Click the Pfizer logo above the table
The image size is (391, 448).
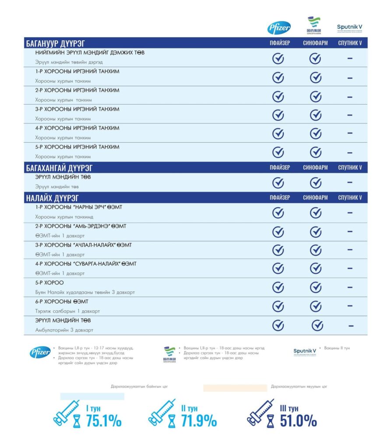[x=279, y=28]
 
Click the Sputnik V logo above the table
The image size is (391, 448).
[x=350, y=28]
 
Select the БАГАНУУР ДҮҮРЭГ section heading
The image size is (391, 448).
[x=55, y=43]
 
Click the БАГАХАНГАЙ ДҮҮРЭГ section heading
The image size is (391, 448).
[x=59, y=168]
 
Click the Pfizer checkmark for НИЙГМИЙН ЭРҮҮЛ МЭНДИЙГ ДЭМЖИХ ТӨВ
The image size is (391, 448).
[x=278, y=59]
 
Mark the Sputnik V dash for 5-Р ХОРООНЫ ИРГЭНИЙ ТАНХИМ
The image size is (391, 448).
[x=350, y=152]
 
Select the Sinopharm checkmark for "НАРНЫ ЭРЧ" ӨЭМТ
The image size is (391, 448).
[x=316, y=213]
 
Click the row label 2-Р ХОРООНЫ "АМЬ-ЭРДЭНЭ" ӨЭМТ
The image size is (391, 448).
[x=81, y=226]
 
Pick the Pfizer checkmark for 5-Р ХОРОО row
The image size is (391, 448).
[x=278, y=287]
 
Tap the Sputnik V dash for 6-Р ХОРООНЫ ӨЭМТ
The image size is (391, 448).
[x=350, y=306]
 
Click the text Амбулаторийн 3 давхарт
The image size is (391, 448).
[x=64, y=330]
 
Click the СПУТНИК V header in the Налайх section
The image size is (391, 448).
[x=350, y=198]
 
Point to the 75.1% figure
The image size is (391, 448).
[x=103, y=420]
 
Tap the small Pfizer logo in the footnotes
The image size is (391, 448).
[x=40, y=352]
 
